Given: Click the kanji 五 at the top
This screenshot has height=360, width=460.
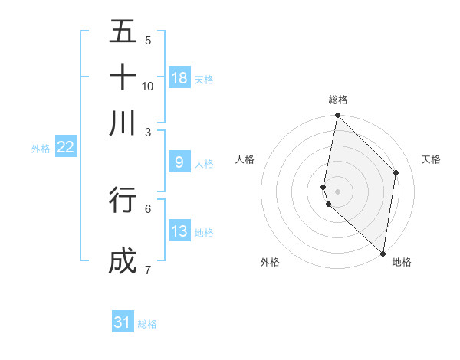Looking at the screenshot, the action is pyautogui.click(x=123, y=32).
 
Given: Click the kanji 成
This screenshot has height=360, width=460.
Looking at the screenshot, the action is pyautogui.click(x=123, y=261).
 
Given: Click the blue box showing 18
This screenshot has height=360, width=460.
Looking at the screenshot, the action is pyautogui.click(x=179, y=77).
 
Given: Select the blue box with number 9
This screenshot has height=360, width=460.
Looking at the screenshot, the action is pyautogui.click(x=179, y=162).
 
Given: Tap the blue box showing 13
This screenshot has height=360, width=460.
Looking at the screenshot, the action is pyautogui.click(x=179, y=231).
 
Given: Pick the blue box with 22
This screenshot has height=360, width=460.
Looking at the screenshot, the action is pyautogui.click(x=66, y=147).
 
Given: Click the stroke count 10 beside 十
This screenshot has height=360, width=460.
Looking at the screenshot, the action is pyautogui.click(x=148, y=86).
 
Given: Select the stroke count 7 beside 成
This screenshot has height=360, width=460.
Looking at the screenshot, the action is pyautogui.click(x=148, y=270).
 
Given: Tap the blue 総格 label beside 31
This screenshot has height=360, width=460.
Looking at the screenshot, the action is pyautogui.click(x=147, y=324).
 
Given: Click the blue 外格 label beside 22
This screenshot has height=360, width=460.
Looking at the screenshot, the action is pyautogui.click(x=41, y=149).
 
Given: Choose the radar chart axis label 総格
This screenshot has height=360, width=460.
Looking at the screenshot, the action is pyautogui.click(x=338, y=100).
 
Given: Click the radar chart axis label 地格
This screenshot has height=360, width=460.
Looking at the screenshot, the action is pyautogui.click(x=402, y=263).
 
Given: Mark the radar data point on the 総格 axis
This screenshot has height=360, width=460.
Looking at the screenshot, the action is pyautogui.click(x=337, y=116).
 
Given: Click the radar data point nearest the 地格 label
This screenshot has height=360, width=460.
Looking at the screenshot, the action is pyautogui.click(x=383, y=253).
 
